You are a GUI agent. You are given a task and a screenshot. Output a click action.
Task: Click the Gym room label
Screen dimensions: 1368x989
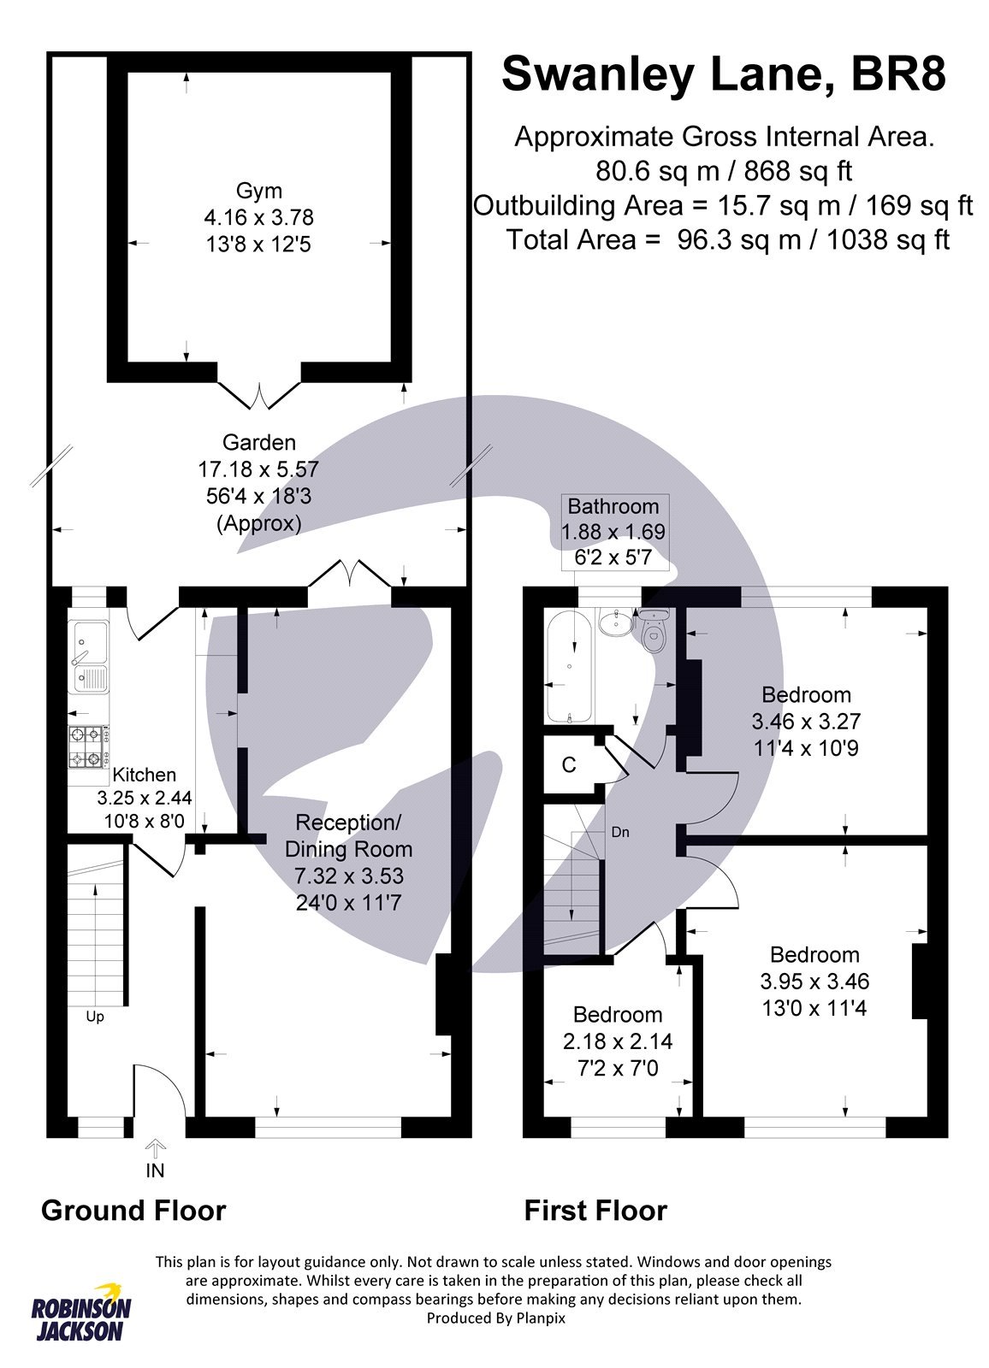[258, 191]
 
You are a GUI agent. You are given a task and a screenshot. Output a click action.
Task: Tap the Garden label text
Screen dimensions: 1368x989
[258, 442]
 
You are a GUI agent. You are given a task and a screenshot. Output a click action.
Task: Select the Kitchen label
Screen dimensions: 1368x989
[145, 775]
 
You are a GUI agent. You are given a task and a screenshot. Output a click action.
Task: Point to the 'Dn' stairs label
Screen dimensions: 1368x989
[620, 832]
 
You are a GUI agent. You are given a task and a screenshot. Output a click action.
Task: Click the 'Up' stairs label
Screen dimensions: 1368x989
[95, 1017]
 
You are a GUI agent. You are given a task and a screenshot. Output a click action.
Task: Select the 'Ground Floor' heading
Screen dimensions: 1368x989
[133, 1211]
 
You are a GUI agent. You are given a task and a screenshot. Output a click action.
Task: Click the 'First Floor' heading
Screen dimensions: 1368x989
[595, 1211]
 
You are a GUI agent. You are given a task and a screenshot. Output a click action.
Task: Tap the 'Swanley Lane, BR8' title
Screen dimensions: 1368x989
[723, 74]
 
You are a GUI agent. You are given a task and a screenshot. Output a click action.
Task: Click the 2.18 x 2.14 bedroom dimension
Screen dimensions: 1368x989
[618, 1041]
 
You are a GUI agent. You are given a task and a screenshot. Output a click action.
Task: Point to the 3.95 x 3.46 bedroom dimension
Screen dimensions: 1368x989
[814, 982]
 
